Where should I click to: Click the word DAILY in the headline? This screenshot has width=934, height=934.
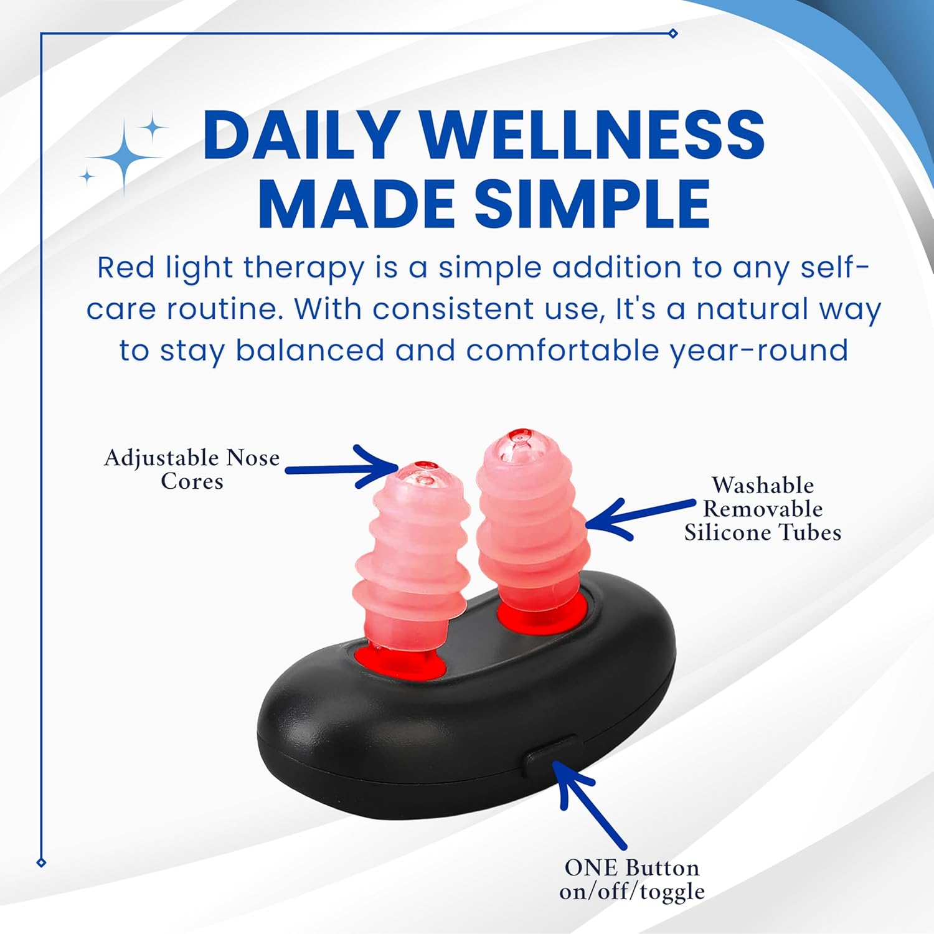click(301, 135)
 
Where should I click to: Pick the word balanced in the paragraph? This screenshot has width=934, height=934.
click(309, 351)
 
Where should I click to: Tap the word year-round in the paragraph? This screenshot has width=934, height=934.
click(759, 351)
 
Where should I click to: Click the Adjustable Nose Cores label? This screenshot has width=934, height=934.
click(192, 469)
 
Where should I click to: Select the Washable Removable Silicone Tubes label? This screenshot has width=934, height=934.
click(763, 509)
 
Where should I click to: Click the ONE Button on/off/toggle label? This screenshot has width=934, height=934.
click(632, 879)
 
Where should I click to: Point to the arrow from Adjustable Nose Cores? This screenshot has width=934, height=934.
click(342, 468)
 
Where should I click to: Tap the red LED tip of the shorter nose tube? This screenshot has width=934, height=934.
click(426, 466)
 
